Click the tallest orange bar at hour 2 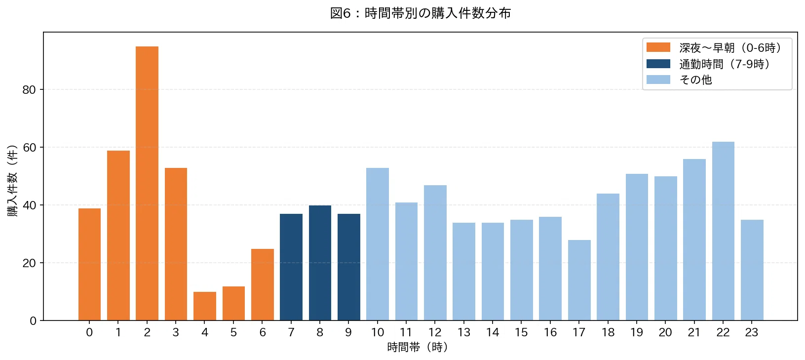147,183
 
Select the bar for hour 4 205,306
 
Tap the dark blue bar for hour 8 320,263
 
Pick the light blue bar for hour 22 723,231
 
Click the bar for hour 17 579,280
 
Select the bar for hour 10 378,244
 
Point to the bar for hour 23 752,270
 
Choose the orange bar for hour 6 263,284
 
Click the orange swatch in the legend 658,47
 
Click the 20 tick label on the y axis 29,263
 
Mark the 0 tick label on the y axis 33,321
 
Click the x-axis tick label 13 464,332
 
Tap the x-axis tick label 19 637,332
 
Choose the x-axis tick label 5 233,332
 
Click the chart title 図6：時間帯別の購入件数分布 421,13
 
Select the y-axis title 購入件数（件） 12,181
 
